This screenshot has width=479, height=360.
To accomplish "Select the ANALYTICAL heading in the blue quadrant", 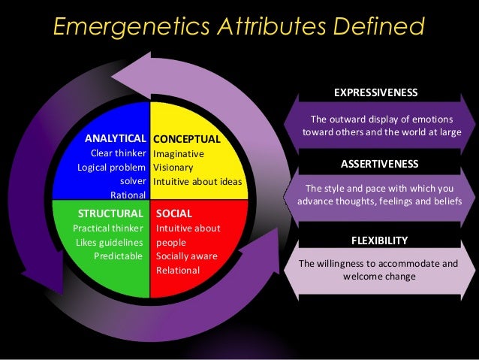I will point(115,139).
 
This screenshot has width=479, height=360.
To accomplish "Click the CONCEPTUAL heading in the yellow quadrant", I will point(186,139).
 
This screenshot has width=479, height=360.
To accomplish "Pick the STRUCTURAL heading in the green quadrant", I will point(110,213).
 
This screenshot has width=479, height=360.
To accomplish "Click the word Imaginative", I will point(179,153).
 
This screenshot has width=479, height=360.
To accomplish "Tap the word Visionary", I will point(173,168).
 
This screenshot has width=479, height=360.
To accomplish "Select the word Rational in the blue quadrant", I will point(128,195).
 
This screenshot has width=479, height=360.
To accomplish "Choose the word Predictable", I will point(118,256).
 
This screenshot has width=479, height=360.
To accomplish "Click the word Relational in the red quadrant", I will point(178,270).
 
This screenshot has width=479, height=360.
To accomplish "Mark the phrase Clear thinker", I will point(118,153).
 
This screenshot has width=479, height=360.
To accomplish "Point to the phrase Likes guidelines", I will point(109,242).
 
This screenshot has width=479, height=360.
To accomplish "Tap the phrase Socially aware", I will point(186,256).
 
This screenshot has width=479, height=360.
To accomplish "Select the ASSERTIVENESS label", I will point(380,163).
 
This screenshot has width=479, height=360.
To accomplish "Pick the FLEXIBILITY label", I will point(380,241).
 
